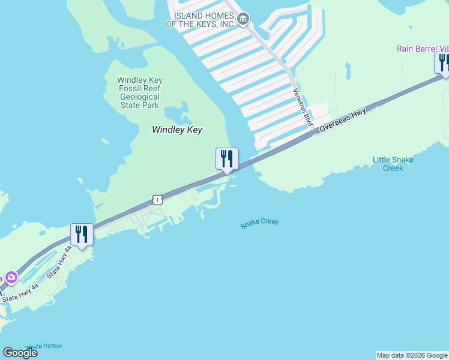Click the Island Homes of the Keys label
coord(203,20)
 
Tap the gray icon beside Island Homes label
coord(243,19)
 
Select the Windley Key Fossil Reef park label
coord(139,92)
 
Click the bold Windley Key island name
coord(177,130)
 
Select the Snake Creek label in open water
coord(259,224)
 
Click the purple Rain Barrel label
coord(423,49)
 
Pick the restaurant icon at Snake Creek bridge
coord(227,159)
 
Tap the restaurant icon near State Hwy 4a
coord(82,235)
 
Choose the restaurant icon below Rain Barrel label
coord(443,62)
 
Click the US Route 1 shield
coord(157,199)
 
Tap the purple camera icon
coord(11,277)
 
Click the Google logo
coord(20,352)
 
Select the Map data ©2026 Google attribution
coord(412,355)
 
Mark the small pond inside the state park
coord(174,114)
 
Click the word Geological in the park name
coord(139,97)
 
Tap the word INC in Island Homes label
coord(225,24)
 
